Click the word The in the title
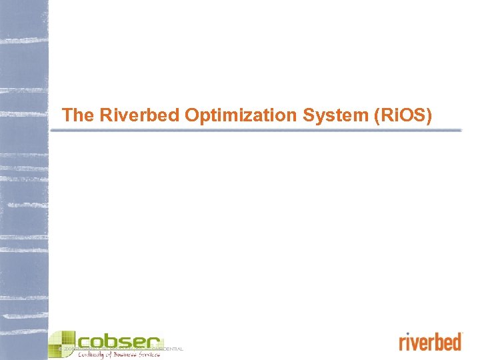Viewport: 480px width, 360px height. click(77, 115)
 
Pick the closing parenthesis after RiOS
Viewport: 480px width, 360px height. click(430, 116)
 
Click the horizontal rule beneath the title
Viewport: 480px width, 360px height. click(257, 131)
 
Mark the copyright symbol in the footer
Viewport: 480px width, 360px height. click(61, 349)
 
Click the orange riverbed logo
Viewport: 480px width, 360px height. click(430, 342)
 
